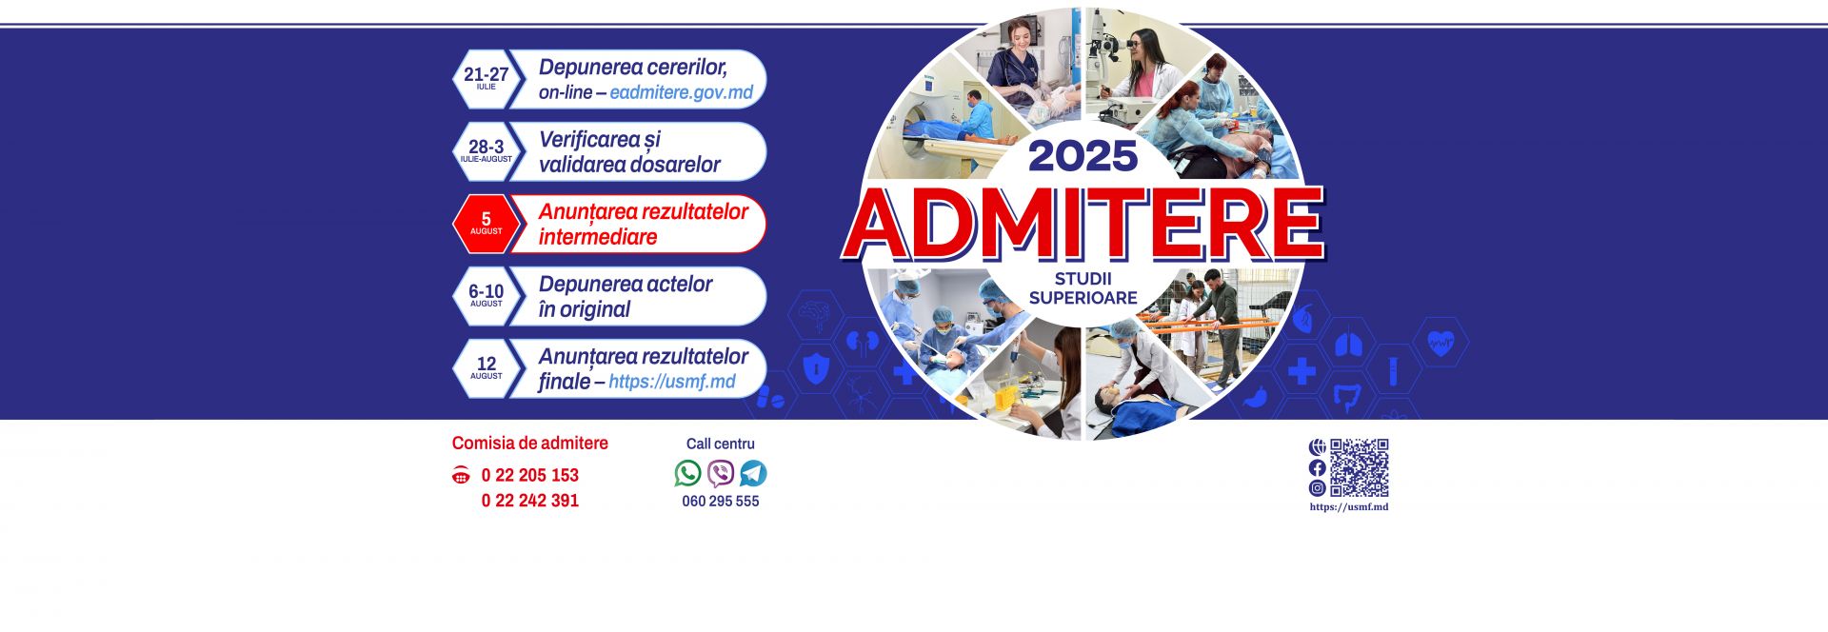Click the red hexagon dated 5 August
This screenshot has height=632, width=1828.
(486, 224)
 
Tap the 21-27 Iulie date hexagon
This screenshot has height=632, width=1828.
(486, 78)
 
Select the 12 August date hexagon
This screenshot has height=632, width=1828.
(486, 367)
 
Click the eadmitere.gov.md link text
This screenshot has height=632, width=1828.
(681, 92)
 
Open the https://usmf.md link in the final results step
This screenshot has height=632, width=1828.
(671, 382)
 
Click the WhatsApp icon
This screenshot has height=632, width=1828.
(687, 473)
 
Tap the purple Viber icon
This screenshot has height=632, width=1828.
(721, 473)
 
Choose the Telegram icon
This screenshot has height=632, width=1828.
(753, 473)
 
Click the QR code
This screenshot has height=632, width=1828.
(1359, 467)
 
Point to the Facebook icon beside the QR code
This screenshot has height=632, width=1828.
(1317, 467)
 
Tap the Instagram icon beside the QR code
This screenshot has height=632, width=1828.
(1317, 488)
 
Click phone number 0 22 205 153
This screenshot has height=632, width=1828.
(529, 475)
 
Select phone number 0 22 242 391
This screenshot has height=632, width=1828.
(529, 501)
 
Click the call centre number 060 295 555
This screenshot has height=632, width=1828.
(720, 502)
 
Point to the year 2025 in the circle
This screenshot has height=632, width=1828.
(1083, 156)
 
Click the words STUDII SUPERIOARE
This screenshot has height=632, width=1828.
(1083, 288)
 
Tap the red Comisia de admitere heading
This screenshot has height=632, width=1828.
(529, 443)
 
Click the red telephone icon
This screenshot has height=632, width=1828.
(461, 475)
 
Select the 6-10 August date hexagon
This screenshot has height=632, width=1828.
(486, 295)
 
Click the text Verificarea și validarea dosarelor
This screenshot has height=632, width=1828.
(628, 152)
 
